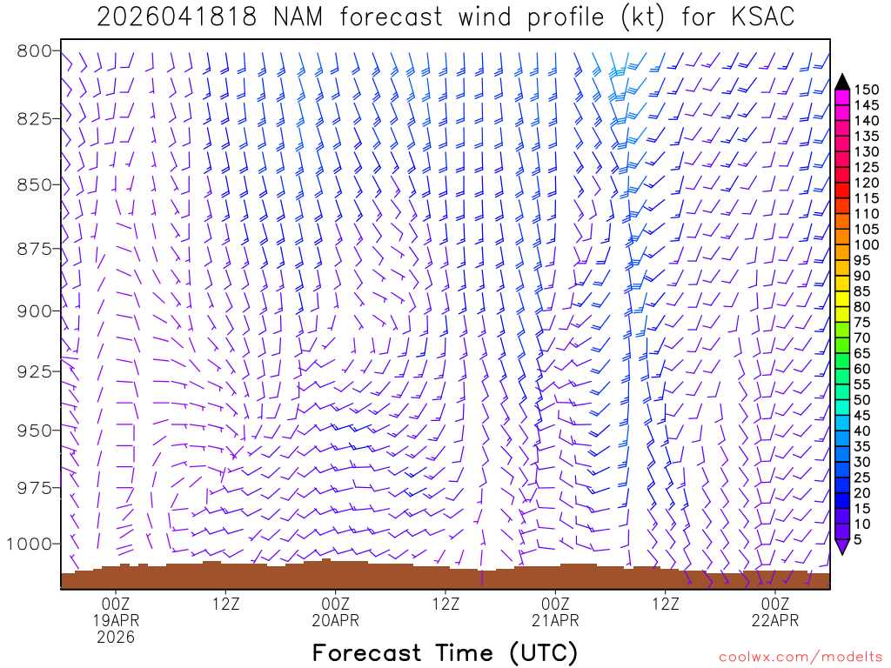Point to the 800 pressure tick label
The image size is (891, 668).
(34, 50)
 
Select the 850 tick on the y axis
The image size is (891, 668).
(34, 184)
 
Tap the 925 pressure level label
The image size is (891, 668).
(34, 371)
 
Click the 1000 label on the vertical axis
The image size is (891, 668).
(29, 544)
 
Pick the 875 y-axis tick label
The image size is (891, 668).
(34, 250)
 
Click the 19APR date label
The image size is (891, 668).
(116, 620)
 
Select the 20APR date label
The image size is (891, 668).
(335, 620)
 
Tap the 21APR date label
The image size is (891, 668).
(555, 620)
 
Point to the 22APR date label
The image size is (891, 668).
(774, 620)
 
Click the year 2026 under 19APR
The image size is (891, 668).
(116, 638)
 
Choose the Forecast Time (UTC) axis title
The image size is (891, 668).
(445, 652)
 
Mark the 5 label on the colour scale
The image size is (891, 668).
(858, 539)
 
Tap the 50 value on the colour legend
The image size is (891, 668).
(861, 399)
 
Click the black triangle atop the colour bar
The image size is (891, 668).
(842, 82)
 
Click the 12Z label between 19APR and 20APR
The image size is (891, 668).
(225, 603)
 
